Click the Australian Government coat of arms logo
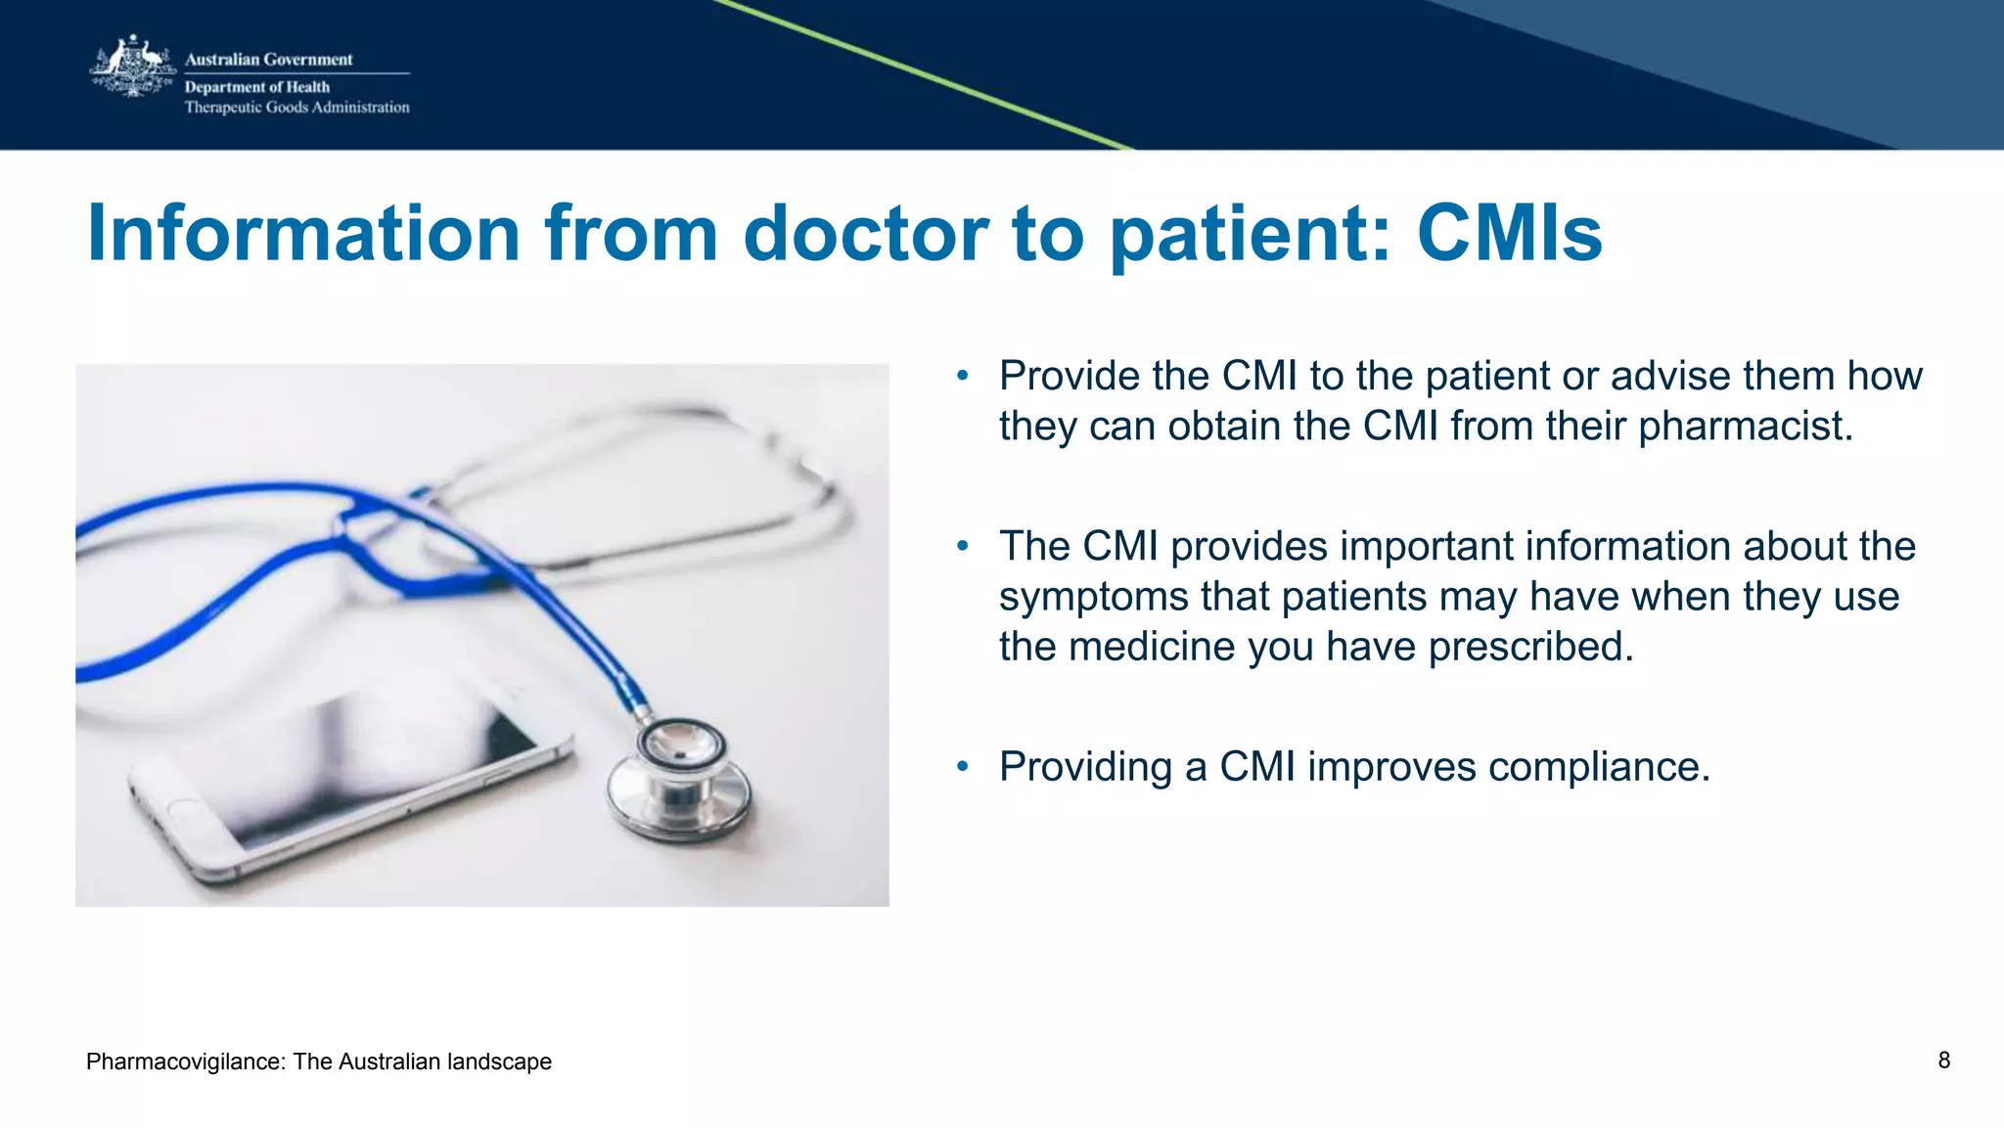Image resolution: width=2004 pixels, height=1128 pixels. [131, 67]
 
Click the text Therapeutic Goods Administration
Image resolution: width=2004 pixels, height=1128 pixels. [296, 108]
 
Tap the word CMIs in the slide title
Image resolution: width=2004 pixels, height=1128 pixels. [1509, 234]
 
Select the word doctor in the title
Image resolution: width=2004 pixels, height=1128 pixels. [866, 234]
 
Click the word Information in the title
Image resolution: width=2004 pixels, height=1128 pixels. [303, 234]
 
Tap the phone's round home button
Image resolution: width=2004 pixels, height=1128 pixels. [184, 811]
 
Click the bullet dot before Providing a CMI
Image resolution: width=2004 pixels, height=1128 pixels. [963, 766]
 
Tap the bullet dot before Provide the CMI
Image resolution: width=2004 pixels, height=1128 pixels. [963, 376]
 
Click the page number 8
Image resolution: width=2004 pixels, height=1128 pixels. [1943, 1060]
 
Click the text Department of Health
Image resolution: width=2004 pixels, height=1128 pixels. [257, 87]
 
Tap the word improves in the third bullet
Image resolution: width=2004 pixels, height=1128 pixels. [1390, 767]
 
